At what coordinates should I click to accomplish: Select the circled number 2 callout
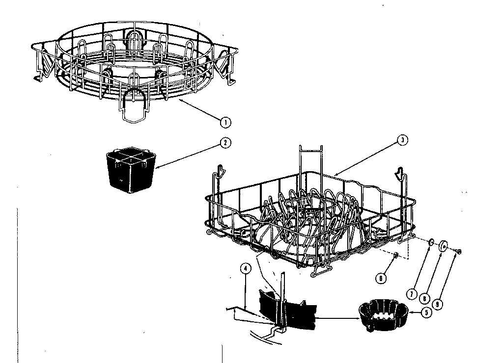[x=224, y=143]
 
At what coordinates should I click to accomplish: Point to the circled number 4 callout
[x=245, y=268]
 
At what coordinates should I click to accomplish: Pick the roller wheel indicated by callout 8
[x=444, y=246]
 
